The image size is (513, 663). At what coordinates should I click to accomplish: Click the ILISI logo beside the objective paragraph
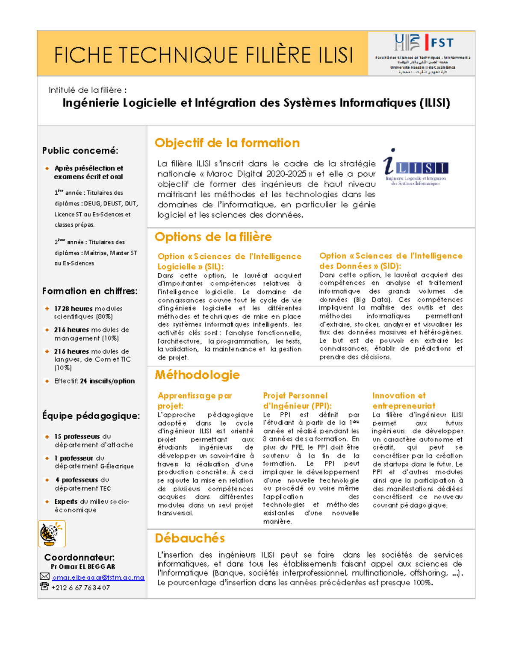click(415, 168)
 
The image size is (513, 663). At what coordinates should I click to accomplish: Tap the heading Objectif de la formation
click(227, 143)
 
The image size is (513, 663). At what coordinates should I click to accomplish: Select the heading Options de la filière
click(213, 237)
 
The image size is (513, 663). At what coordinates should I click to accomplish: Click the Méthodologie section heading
click(197, 375)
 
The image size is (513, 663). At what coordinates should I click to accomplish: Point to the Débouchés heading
click(190, 538)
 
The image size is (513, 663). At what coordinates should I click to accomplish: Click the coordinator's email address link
click(98, 578)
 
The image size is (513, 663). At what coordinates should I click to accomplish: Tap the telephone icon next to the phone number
click(44, 587)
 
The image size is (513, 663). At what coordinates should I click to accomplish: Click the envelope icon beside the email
click(44, 577)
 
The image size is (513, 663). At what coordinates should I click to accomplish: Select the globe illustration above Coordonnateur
click(52, 534)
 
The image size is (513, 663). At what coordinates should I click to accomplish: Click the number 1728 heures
click(73, 309)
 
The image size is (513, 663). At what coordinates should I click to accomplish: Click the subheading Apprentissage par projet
click(195, 400)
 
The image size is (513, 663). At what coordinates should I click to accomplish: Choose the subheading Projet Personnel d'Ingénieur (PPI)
click(297, 400)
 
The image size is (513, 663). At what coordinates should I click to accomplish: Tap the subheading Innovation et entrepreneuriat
click(404, 400)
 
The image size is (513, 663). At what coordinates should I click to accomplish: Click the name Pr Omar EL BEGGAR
click(83, 567)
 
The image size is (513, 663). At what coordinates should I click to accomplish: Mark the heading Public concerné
click(80, 151)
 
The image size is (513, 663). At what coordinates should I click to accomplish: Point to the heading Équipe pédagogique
click(91, 416)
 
